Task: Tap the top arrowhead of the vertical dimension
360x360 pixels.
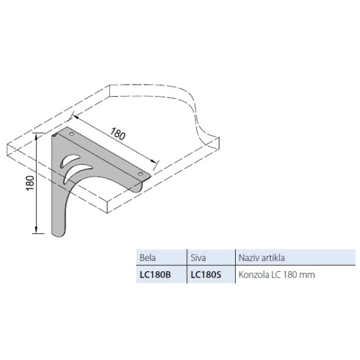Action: [x=37, y=137]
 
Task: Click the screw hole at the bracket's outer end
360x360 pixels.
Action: [x=141, y=175]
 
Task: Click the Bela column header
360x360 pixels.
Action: [x=148, y=257]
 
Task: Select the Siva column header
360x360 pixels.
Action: [x=197, y=257]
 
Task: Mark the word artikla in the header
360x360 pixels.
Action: [x=272, y=257]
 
